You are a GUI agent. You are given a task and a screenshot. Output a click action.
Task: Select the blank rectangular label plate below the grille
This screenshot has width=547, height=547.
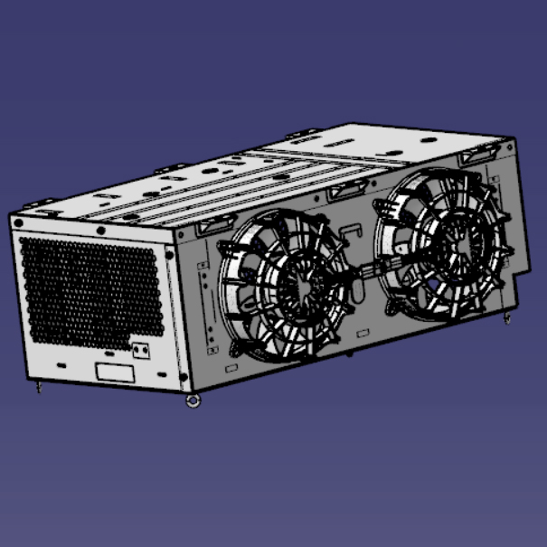click(x=116, y=372)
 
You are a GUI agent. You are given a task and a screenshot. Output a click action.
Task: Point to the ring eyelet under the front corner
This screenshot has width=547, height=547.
click(x=193, y=401)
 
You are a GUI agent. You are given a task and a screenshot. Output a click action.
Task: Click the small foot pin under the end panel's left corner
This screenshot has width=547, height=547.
click(x=38, y=389)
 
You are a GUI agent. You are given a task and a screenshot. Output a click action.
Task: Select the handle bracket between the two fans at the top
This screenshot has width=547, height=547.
click(x=347, y=191)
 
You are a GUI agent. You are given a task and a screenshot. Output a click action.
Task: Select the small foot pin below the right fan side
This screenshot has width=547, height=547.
click(x=507, y=318)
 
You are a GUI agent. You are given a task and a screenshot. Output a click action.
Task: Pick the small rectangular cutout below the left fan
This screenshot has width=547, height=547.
click(x=231, y=368)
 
